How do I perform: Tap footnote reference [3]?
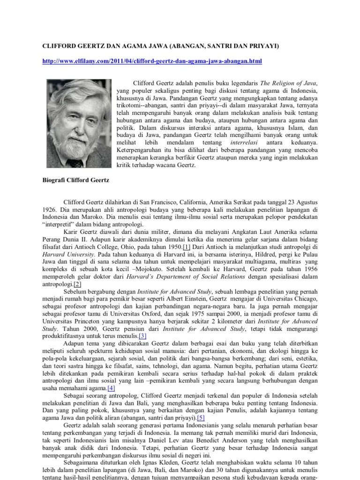pyautogui.click(x=142, y=337)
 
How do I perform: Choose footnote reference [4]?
pyautogui.click(x=111, y=389)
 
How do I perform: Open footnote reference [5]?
pyautogui.click(x=201, y=418)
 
